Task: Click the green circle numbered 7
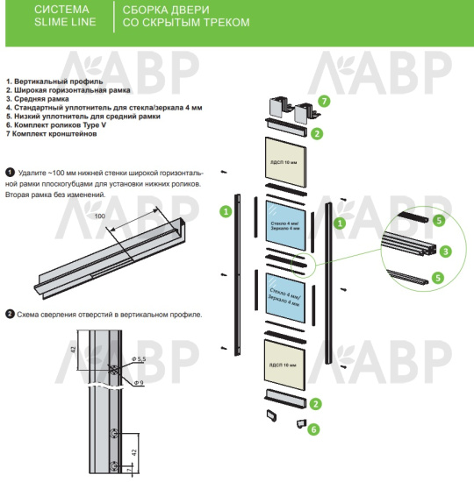pos(324,101)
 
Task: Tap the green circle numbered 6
pos(314,429)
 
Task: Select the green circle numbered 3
pos(446,252)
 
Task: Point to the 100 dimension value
pos(99,216)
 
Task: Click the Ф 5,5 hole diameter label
pos(139,359)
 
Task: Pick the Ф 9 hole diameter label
pos(139,383)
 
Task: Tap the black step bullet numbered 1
pos(10,173)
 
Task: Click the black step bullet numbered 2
pos(10,314)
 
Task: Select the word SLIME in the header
pos(48,22)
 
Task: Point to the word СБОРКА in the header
pos(142,10)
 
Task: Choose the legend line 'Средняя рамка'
pos(37,99)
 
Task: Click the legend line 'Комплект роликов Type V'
pos(56,125)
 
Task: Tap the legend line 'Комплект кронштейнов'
pos(51,134)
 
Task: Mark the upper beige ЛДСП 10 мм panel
pos(285,162)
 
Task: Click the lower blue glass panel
pos(285,298)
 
